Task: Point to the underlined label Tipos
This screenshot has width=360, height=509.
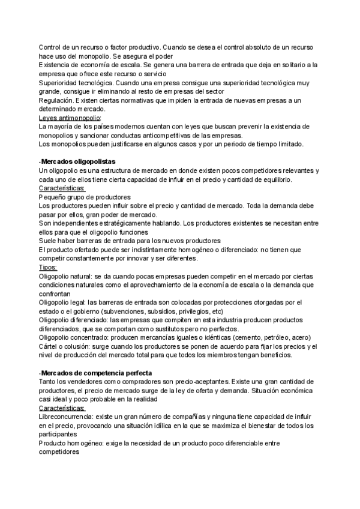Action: pyautogui.click(x=48, y=267)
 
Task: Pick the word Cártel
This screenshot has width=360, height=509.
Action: pyautogui.click(x=49, y=346)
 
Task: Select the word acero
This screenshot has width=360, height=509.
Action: pyautogui.click(x=312, y=337)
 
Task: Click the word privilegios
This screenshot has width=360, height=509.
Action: pyautogui.click(x=185, y=312)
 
